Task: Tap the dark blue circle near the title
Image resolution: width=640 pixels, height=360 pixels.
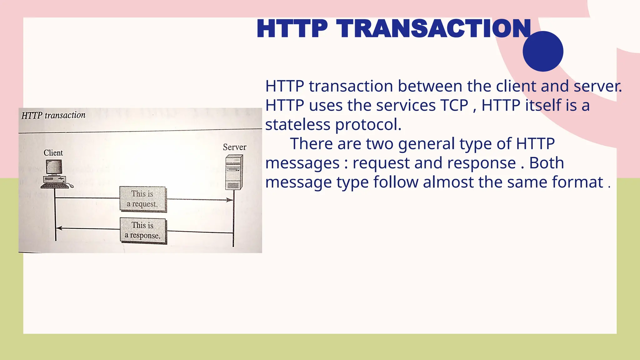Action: click(x=543, y=51)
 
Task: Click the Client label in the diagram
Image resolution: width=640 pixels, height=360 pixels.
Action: click(x=53, y=153)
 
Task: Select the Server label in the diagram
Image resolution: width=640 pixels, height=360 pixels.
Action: click(x=234, y=147)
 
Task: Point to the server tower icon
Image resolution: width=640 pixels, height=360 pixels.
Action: click(x=234, y=172)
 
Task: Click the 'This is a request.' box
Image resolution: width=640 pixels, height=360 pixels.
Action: click(x=142, y=199)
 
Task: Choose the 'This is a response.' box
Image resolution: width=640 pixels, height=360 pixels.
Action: click(x=143, y=231)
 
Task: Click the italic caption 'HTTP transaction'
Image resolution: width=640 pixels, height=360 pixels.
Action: click(x=53, y=115)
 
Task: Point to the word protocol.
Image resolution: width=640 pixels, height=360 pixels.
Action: click(x=368, y=125)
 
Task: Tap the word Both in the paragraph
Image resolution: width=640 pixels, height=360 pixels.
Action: click(x=546, y=163)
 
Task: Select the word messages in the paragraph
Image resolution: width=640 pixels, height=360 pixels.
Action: click(x=302, y=163)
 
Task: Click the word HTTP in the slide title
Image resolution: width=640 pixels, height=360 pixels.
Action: click(x=292, y=29)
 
